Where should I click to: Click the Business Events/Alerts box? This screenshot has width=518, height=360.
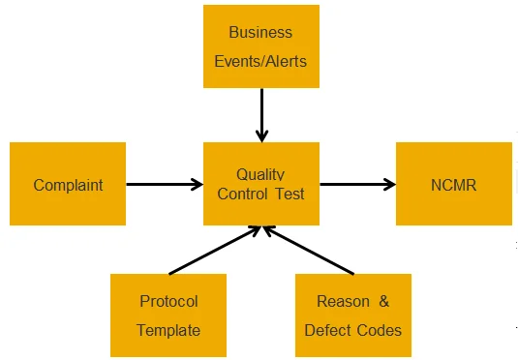pyautogui.click(x=260, y=45)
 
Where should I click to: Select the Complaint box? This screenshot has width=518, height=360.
pyautogui.click(x=68, y=184)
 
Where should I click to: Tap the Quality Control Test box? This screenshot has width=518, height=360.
pyautogui.click(x=260, y=184)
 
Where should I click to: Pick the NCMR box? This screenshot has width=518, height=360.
pyautogui.click(x=453, y=184)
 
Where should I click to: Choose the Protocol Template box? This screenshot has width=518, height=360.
pyautogui.click(x=168, y=315)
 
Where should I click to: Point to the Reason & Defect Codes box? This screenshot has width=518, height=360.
pyautogui.click(x=352, y=315)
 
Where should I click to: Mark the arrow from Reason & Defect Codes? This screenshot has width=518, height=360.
pyautogui.click(x=310, y=250)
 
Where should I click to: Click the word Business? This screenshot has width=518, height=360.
pyautogui.click(x=260, y=31)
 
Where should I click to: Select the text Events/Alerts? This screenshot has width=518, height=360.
pyautogui.click(x=260, y=60)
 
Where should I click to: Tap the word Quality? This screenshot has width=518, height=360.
pyautogui.click(x=260, y=174)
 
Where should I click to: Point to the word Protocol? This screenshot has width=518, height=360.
pyautogui.click(x=168, y=301)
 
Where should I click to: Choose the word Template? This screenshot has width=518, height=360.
pyautogui.click(x=168, y=330)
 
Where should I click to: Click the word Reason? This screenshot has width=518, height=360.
pyautogui.click(x=343, y=301)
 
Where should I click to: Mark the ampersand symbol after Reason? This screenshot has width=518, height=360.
pyautogui.click(x=383, y=301)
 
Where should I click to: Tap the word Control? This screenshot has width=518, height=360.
pyautogui.click(x=243, y=194)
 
